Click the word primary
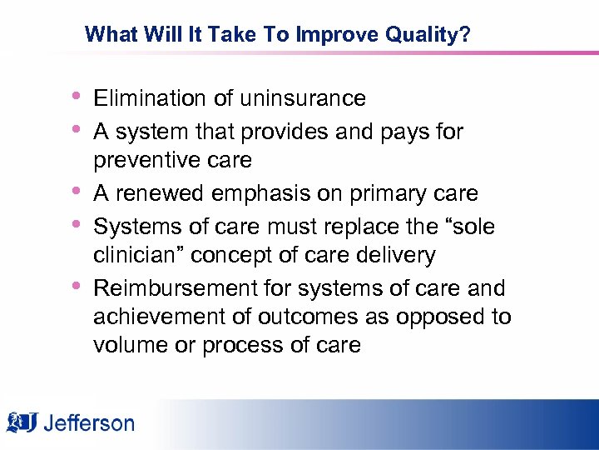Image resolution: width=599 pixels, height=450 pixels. [x=389, y=193]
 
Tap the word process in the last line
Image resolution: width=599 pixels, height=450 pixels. [x=235, y=345]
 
